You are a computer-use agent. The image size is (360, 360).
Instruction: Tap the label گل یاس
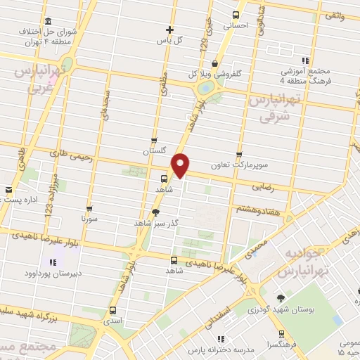click(x=169, y=39)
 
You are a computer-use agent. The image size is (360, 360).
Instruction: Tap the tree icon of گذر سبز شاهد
click(x=155, y=212)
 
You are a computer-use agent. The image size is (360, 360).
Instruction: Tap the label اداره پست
click(x=27, y=200)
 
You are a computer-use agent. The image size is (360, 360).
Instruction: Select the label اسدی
click(x=112, y=320)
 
